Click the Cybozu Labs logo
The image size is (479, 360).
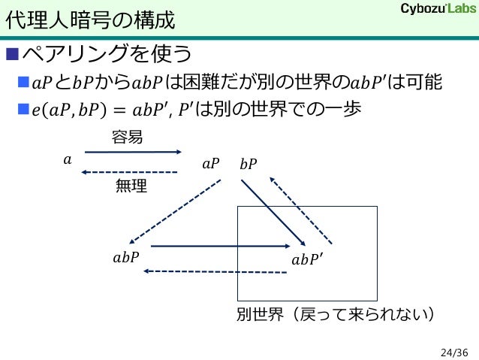pyautogui.click(x=433, y=9)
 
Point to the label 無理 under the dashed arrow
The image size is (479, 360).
pyautogui.click(x=131, y=186)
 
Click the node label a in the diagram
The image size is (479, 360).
pyautogui.click(x=68, y=159)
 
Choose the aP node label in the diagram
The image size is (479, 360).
pyautogui.click(x=211, y=163)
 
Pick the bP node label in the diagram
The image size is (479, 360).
pyautogui.click(x=248, y=163)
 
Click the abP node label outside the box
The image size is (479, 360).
pyautogui.click(x=125, y=258)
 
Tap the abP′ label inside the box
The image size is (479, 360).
pyautogui.click(x=307, y=260)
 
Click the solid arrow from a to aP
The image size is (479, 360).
pyautogui.click(x=133, y=153)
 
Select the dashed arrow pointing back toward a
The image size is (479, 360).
pyautogui.click(x=129, y=173)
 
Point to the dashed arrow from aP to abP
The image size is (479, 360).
pyautogui.click(x=177, y=211)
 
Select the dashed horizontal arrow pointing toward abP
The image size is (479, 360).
pyautogui.click(x=215, y=271)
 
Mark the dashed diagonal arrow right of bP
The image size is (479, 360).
pyautogui.click(x=301, y=211)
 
